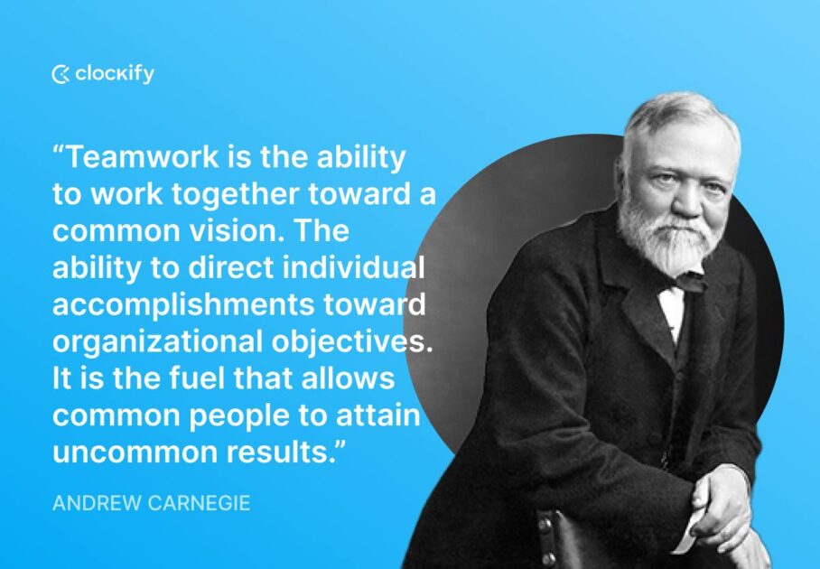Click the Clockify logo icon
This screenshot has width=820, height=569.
pos(61,75)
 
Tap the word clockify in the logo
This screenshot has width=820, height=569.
pos(115,74)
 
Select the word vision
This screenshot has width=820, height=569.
pos(236,230)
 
